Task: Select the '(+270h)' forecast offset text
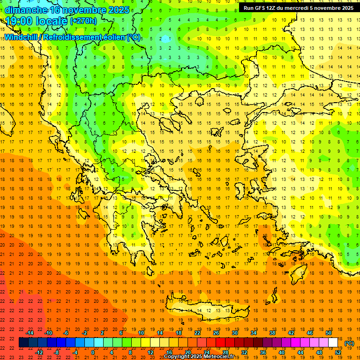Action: pyautogui.click(x=84, y=21)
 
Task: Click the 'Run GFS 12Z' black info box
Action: pyautogui.click(x=297, y=8)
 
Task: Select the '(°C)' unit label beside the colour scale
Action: pyautogui.click(x=349, y=343)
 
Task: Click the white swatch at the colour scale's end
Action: pyautogui.click(x=333, y=343)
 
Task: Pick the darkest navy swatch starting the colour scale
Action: pyautogui.click(x=23, y=343)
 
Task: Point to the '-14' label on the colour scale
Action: pyautogui.click(x=30, y=333)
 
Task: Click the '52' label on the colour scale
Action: pyautogui.click(x=338, y=352)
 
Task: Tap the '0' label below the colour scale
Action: pyautogui.click(x=93, y=352)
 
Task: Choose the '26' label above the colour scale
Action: pyautogui.click(x=216, y=333)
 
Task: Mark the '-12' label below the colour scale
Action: pyautogui.click(x=39, y=352)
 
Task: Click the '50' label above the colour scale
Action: pyautogui.click(x=329, y=333)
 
